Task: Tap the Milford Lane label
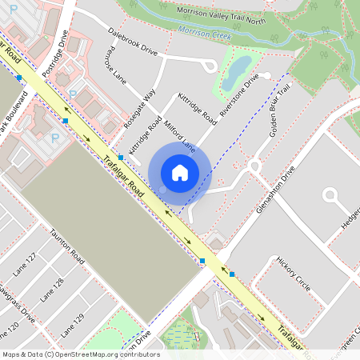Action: pos(179,136)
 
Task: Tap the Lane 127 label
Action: pos(26,265)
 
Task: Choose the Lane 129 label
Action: pos(73,321)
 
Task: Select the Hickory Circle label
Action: pos(292,273)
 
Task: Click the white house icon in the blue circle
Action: pos(180,172)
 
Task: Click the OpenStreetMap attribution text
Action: pos(81,354)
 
